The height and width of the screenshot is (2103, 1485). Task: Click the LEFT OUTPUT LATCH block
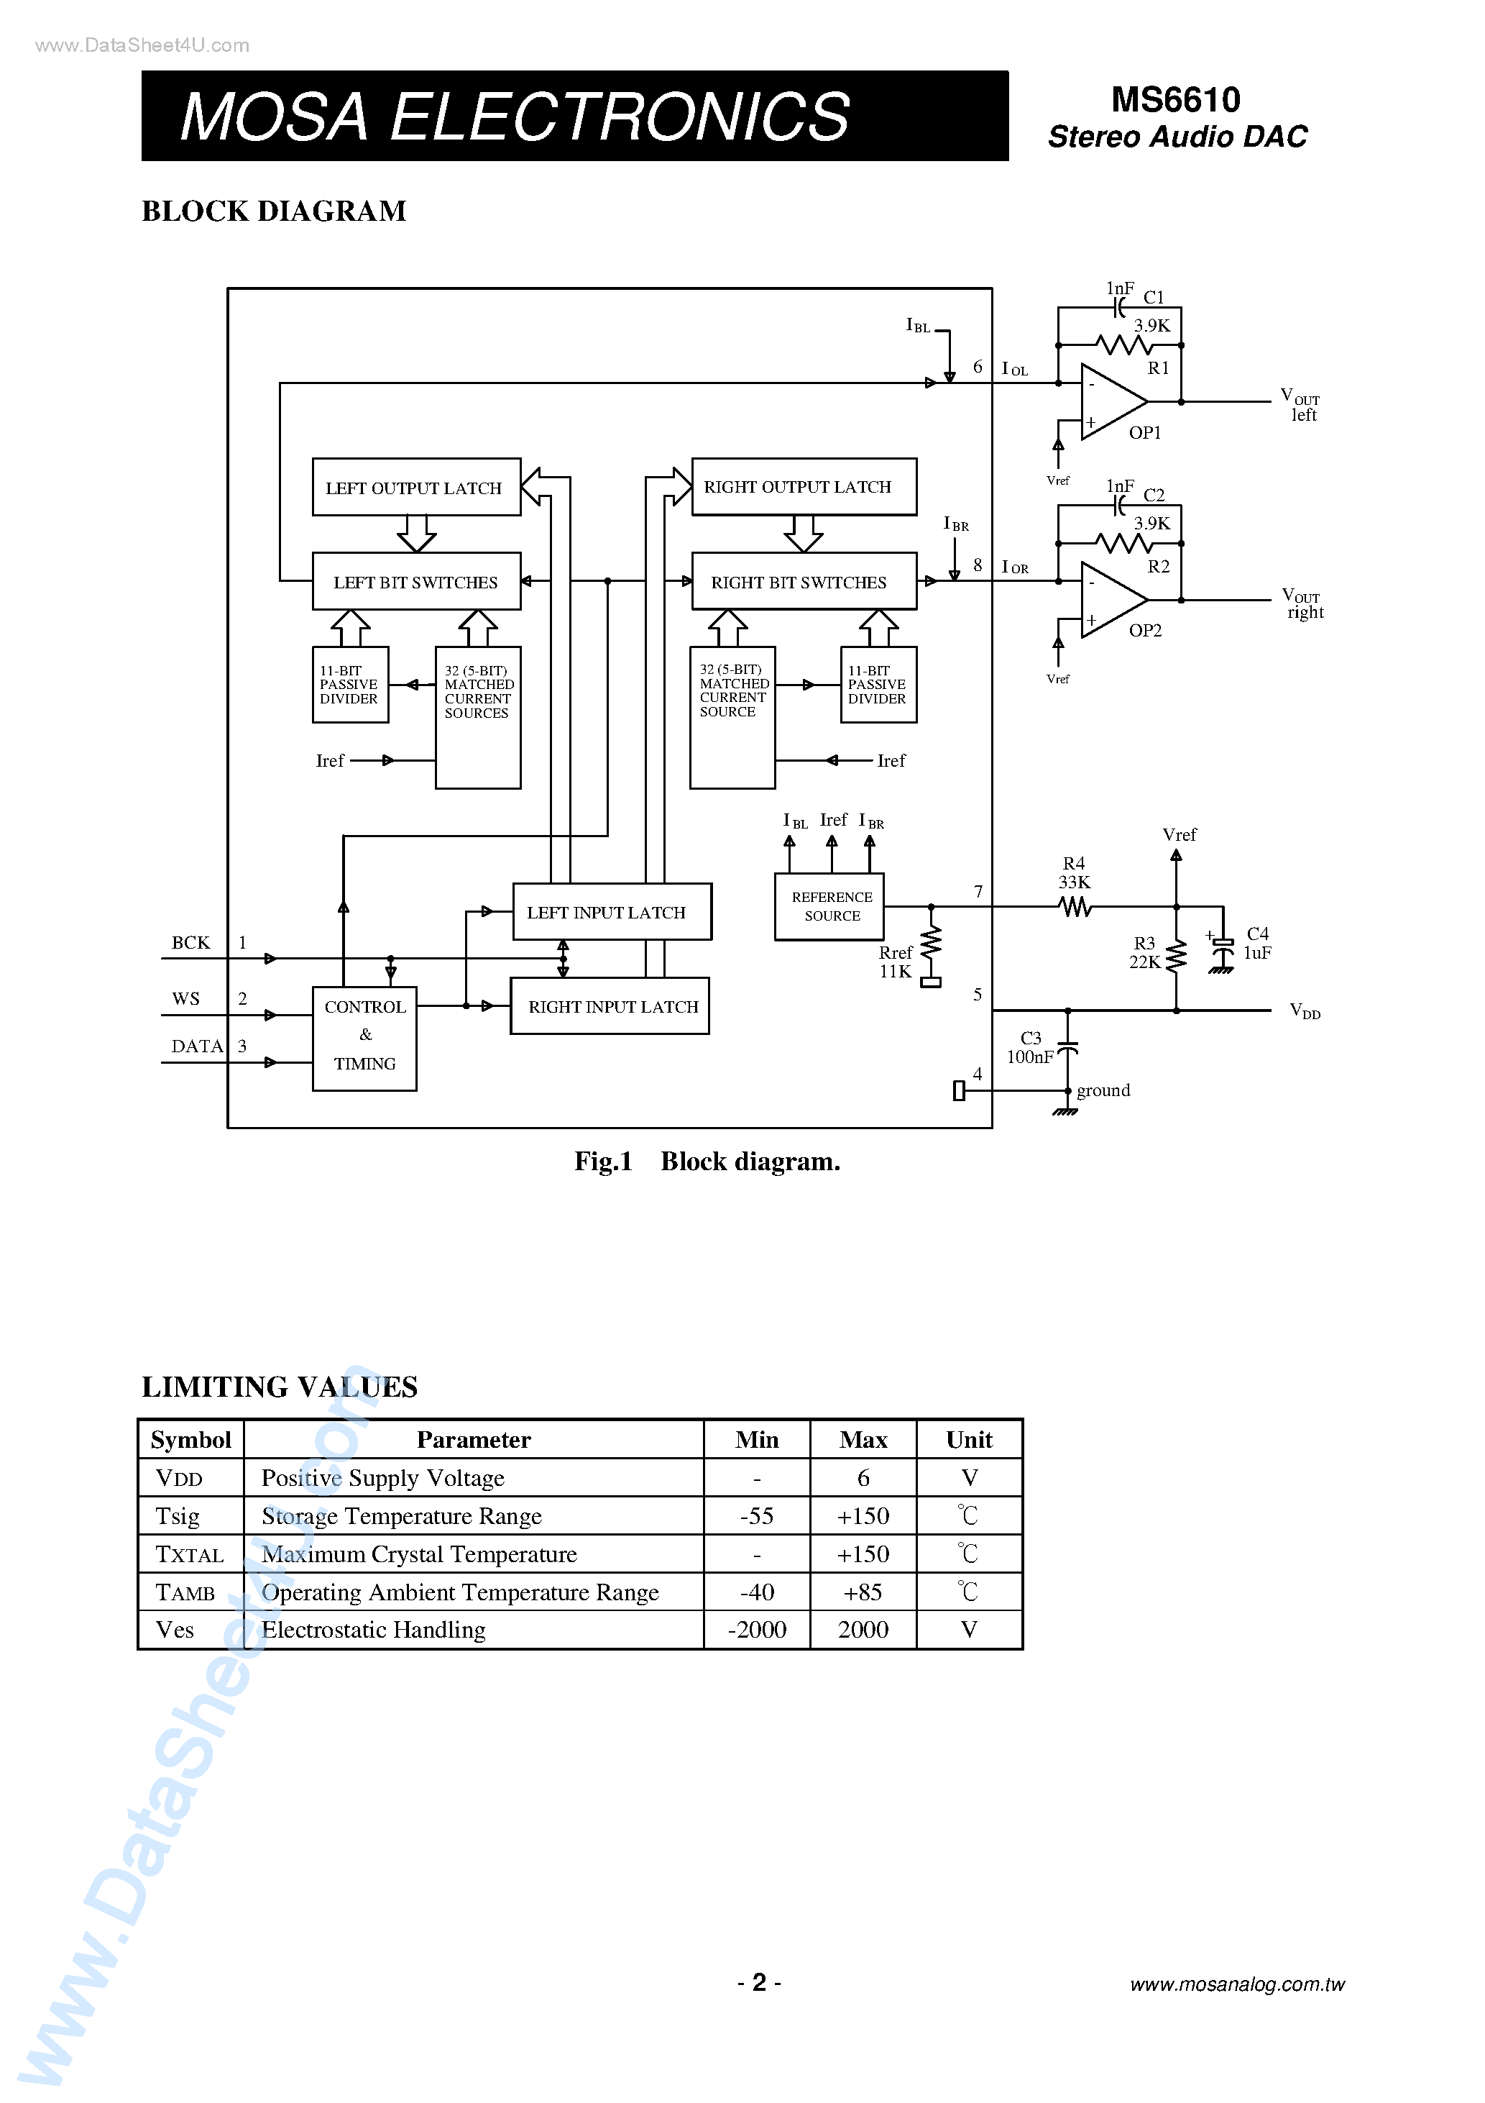click(415, 488)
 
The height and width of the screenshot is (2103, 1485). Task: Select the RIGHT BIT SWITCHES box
click(803, 582)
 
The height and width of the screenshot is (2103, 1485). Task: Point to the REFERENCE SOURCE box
click(829, 906)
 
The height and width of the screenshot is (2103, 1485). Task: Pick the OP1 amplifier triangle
click(1111, 401)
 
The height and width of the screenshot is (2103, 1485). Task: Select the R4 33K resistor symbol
click(1075, 907)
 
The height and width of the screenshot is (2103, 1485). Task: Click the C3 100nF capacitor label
click(1031, 1047)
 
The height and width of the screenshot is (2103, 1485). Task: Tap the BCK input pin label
click(190, 942)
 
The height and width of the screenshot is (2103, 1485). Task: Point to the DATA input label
click(197, 1046)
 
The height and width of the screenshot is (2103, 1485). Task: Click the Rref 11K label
click(896, 962)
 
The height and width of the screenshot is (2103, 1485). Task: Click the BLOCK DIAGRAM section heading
click(274, 211)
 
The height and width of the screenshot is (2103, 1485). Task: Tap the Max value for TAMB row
click(863, 1592)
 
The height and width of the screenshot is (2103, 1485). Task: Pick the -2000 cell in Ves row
click(756, 1630)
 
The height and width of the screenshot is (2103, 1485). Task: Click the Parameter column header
click(474, 1440)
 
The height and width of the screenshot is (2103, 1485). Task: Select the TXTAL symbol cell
click(190, 1554)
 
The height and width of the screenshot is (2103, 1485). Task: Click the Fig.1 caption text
click(707, 1162)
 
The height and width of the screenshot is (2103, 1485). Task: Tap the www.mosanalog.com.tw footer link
click(1237, 1984)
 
